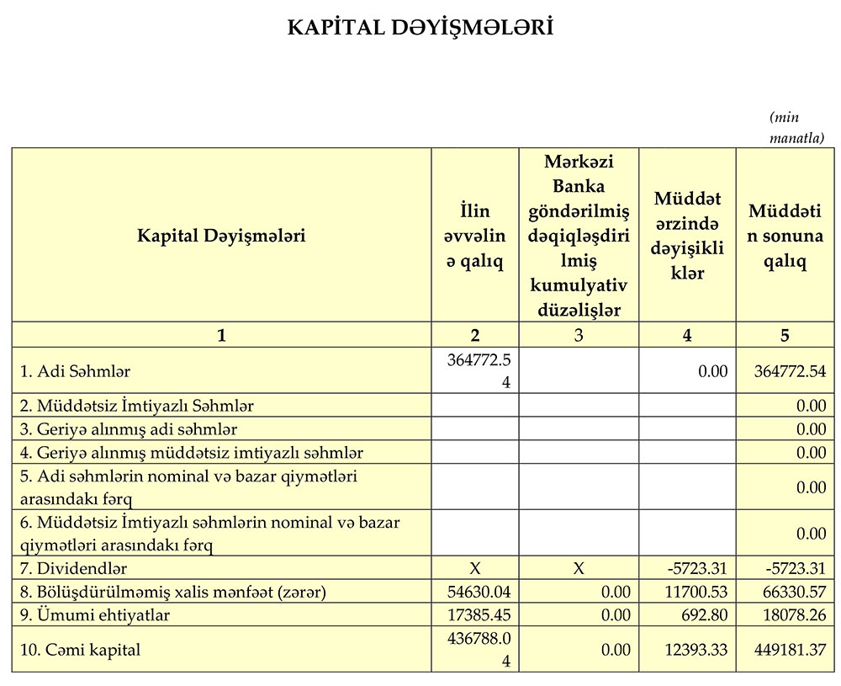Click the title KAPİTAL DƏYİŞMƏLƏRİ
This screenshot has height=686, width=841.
click(x=420, y=29)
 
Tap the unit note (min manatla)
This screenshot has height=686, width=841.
click(x=796, y=127)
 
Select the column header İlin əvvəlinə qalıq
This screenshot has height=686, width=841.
click(x=474, y=236)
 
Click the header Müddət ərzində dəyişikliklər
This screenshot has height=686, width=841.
click(x=687, y=236)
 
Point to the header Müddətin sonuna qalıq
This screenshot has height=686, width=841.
click(x=785, y=236)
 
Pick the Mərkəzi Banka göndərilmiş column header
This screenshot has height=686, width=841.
click(x=579, y=236)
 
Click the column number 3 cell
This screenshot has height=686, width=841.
click(x=579, y=335)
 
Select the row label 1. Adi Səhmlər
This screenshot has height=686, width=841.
click(x=76, y=370)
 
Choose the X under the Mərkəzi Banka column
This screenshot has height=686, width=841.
click(x=579, y=569)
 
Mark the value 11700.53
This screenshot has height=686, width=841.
click(x=696, y=593)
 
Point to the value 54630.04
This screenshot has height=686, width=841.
click(x=479, y=593)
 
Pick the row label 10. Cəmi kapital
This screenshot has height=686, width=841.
click(x=80, y=650)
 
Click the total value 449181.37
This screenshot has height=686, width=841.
click(x=789, y=650)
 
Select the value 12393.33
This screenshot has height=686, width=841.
click(x=696, y=650)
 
